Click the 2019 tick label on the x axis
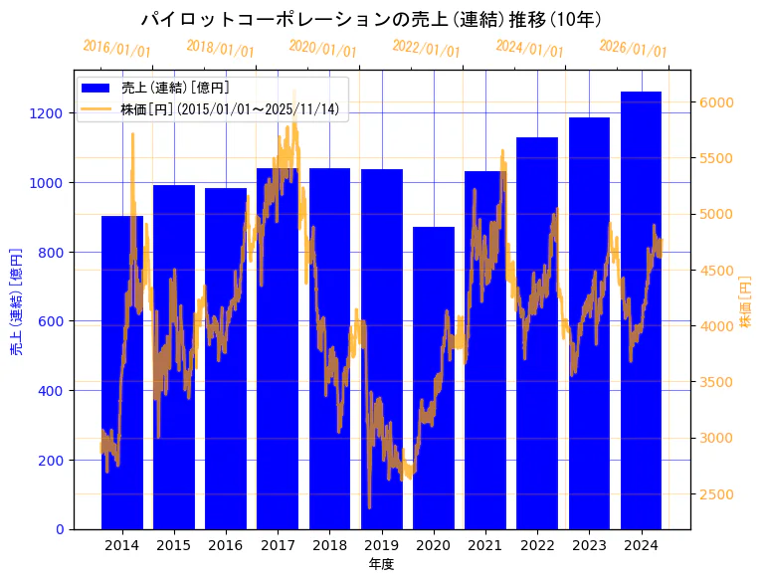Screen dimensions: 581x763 tap(381, 545)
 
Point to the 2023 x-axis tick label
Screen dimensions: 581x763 tap(589, 545)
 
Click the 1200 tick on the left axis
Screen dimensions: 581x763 tap(52, 113)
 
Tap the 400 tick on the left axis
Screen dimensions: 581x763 tap(56, 391)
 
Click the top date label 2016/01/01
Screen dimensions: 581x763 tap(116, 49)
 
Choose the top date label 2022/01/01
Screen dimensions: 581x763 tap(426, 49)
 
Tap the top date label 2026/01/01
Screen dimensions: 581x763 tap(633, 49)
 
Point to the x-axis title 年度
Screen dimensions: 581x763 tap(381, 564)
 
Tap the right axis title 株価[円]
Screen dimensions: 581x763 tap(746, 303)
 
